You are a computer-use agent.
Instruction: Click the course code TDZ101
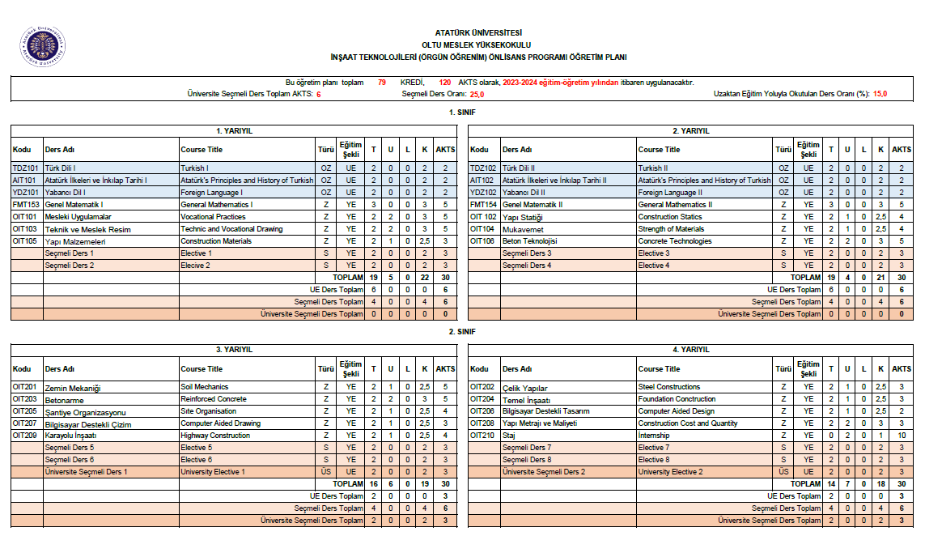[25, 168]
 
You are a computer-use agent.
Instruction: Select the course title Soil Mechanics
[204, 387]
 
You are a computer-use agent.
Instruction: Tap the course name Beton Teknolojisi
[529, 241]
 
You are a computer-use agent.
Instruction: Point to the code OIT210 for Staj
[482, 436]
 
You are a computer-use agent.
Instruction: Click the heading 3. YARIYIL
[235, 350]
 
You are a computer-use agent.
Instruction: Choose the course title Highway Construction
[215, 436]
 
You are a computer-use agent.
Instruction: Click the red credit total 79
[381, 83]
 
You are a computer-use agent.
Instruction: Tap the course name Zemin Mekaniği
[74, 388]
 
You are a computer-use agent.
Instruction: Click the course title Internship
[654, 436]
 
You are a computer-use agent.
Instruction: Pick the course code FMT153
[25, 205]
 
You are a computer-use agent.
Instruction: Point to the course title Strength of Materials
[671, 229]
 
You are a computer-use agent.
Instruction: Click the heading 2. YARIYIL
[691, 130]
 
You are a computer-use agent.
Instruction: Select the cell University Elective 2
[670, 472]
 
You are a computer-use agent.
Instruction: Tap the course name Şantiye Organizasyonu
[85, 412]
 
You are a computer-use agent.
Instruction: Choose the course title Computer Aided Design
[676, 411]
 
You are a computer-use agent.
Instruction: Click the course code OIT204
[482, 399]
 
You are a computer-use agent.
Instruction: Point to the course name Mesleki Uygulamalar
[78, 217]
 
